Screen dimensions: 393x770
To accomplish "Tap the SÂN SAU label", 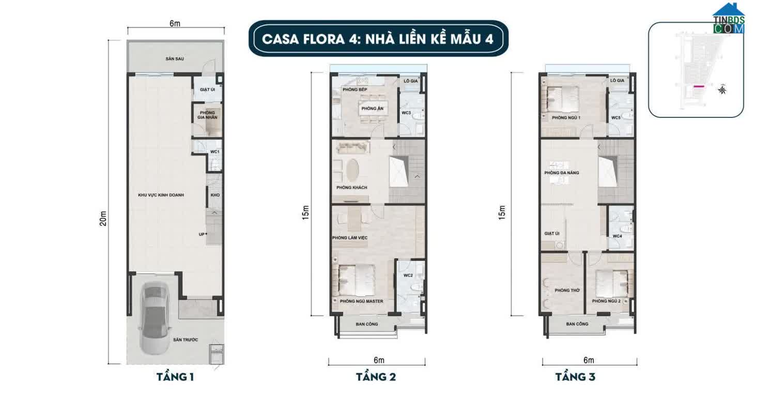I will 175,59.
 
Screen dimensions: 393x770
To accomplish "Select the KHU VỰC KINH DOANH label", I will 161,195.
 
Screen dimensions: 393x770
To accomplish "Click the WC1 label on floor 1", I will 214,152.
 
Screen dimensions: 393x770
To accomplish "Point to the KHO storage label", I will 215,195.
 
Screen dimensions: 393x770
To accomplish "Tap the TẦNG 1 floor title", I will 175,377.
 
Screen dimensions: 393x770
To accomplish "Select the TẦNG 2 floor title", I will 376,377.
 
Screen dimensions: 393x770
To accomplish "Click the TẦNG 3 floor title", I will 575,377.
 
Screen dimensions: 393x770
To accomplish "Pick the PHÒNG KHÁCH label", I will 351,188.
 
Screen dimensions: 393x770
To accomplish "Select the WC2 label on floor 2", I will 408,275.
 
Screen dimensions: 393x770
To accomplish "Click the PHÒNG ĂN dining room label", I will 372,109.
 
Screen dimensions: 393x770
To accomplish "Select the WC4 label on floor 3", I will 617,236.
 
